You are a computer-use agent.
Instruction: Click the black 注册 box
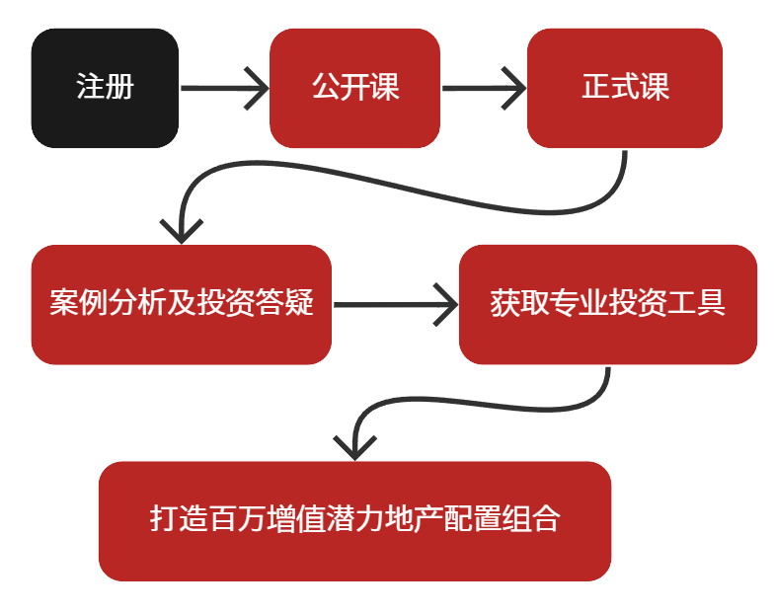(105, 88)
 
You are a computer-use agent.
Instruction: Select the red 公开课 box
(354, 88)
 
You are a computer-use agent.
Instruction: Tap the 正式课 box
(625, 88)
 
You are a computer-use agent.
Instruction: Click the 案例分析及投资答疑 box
(181, 304)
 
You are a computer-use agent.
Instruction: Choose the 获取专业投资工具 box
(607, 304)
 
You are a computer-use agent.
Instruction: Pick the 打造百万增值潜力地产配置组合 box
(354, 520)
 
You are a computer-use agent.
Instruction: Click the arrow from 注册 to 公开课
(223, 89)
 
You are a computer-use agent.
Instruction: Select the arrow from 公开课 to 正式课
(483, 89)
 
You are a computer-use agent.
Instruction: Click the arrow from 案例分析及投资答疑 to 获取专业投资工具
(395, 304)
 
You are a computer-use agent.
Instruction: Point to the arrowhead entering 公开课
(259, 89)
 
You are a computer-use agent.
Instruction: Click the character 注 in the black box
(90, 88)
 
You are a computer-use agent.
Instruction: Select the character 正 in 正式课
(595, 88)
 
